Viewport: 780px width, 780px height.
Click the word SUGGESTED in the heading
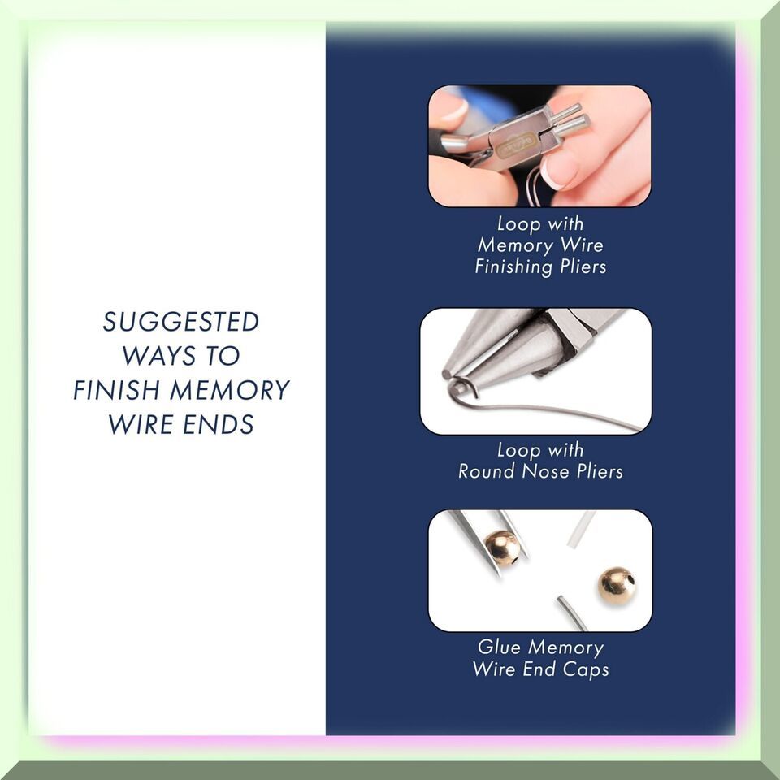point(180,322)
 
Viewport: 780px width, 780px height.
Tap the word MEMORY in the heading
point(230,390)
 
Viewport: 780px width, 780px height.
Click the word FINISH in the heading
point(118,390)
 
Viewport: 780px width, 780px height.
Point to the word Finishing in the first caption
point(513,266)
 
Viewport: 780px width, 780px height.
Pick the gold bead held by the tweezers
point(502,548)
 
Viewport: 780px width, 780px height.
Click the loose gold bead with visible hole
point(616,585)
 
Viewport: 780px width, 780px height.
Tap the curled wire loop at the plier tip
point(461,388)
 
